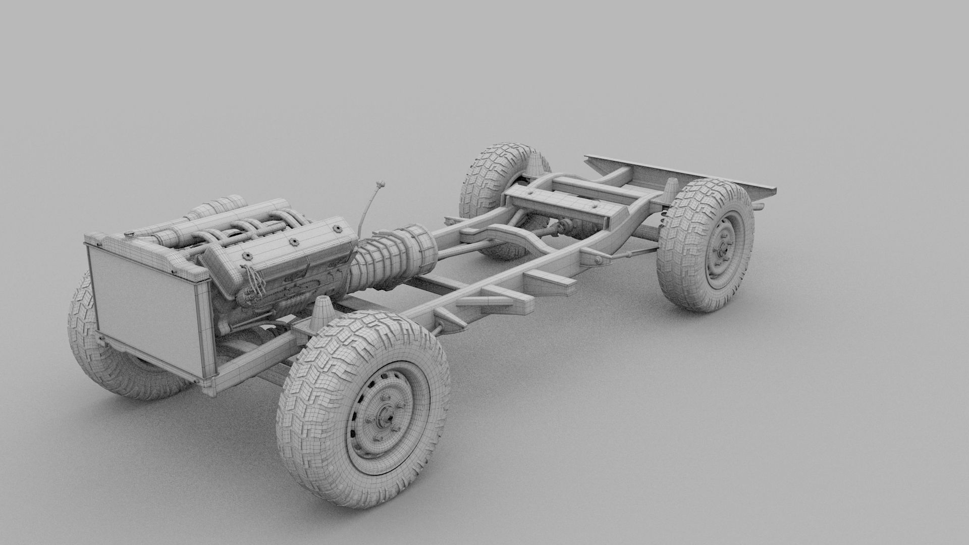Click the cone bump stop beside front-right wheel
tap(322, 313)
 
